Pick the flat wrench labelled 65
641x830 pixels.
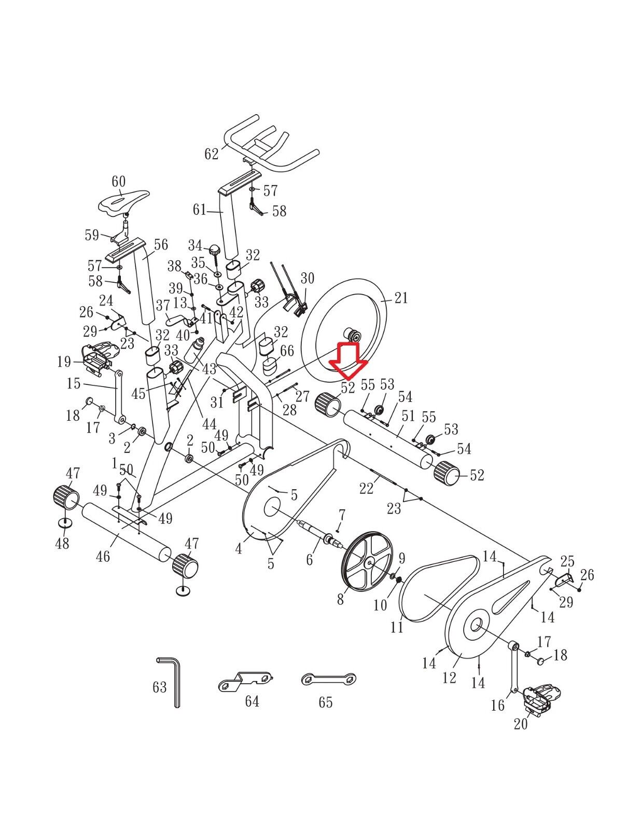329,679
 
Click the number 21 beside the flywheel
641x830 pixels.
401,298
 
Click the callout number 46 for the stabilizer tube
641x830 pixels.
103,556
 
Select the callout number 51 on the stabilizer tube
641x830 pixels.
408,416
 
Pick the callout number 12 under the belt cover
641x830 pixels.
449,677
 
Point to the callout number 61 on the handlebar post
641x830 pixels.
200,210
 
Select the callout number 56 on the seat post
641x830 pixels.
161,244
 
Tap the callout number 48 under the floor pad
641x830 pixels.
62,543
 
